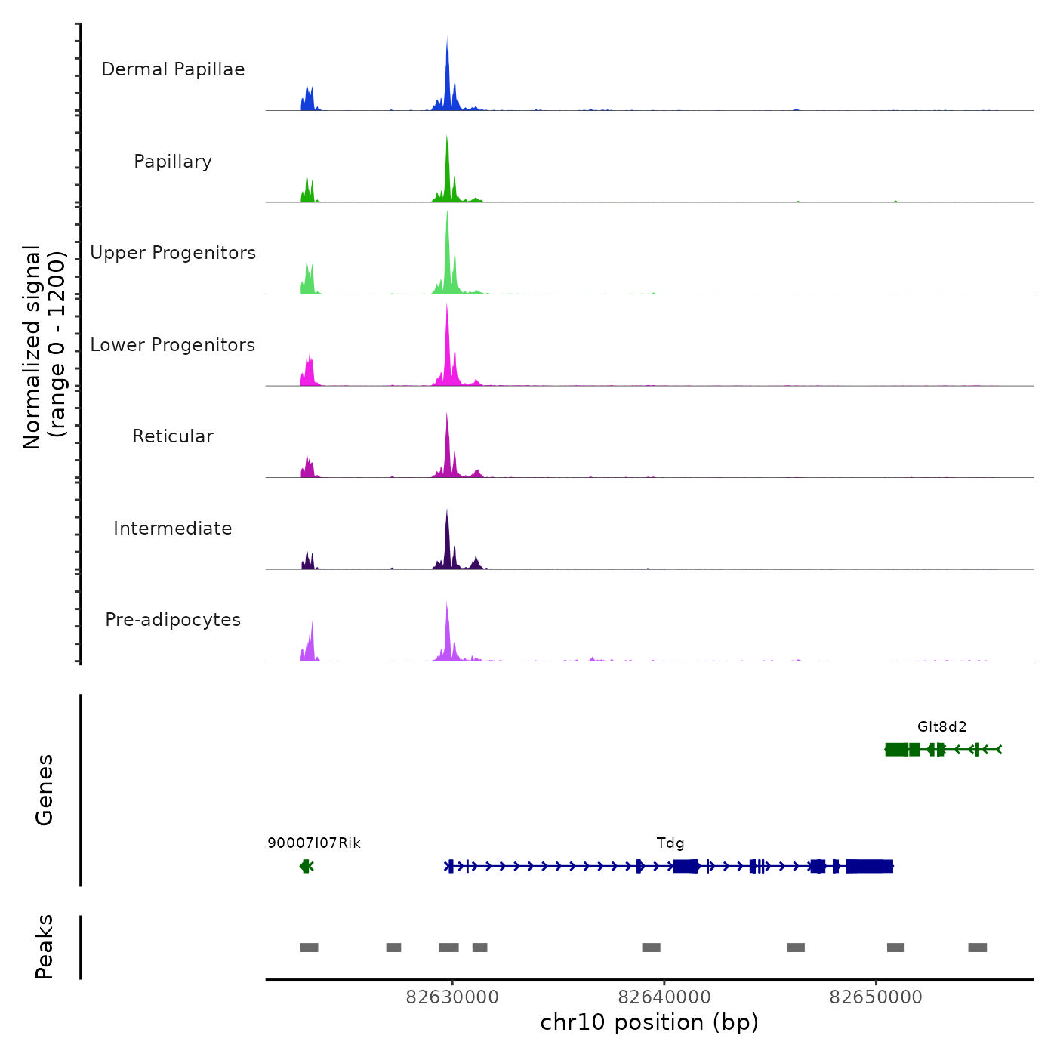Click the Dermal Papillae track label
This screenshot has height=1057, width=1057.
pos(173,69)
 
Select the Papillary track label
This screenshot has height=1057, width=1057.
pos(173,162)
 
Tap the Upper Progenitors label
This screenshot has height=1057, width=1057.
pos(173,253)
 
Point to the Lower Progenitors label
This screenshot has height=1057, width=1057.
pos(173,345)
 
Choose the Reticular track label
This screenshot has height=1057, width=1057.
pos(173,436)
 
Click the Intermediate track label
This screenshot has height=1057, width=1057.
pos(173,528)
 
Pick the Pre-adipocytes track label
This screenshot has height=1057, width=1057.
pos(173,620)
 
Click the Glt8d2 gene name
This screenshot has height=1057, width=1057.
pos(941,727)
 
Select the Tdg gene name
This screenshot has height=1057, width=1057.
pos(670,843)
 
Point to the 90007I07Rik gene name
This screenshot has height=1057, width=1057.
pos(314,843)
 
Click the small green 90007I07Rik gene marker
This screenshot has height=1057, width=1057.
pos(306,866)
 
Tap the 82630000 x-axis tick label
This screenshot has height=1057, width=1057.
pos(452,997)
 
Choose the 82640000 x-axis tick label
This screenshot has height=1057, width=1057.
pos(664,997)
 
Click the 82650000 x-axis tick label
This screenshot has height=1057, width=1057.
pos(876,997)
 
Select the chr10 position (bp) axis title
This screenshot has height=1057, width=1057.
pos(649,1022)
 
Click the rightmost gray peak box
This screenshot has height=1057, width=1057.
pos(978,948)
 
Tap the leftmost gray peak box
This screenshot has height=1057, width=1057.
pos(309,948)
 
